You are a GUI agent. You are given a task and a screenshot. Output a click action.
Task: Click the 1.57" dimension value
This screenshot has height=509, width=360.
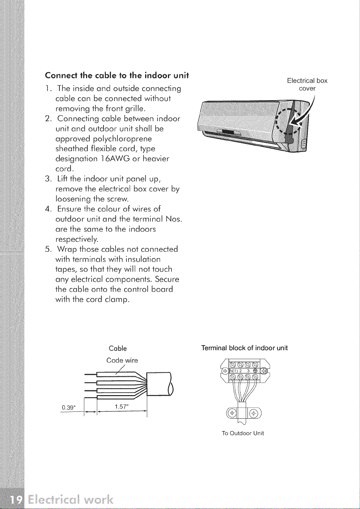click(x=121, y=407)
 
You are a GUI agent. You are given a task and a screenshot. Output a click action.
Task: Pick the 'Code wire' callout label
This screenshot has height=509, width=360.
click(x=122, y=360)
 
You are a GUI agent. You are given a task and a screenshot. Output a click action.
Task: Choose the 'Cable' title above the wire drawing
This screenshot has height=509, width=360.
click(x=118, y=349)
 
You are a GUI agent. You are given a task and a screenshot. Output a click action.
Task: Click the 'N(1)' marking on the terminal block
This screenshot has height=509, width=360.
click(x=234, y=371)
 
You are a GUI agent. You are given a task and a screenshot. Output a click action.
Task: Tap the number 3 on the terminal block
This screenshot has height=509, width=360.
click(x=248, y=371)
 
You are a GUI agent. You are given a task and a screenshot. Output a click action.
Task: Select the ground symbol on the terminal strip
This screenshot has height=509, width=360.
click(x=256, y=371)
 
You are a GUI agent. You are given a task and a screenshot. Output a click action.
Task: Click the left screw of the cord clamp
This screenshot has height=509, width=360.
click(x=232, y=414)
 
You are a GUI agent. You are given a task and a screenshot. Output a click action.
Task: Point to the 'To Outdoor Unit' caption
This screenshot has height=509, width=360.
click(x=243, y=433)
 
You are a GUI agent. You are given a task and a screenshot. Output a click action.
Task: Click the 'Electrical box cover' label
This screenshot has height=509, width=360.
click(x=307, y=85)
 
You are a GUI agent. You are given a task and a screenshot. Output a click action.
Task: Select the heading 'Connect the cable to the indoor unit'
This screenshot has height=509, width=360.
click(x=117, y=75)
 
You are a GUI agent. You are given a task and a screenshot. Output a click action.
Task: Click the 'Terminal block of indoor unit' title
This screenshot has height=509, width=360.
click(x=244, y=348)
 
